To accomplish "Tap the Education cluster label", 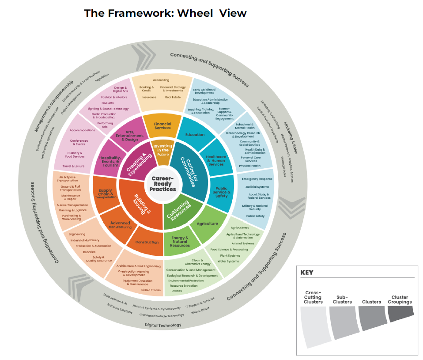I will [x=195, y=134].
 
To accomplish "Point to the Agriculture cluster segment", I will [x=207, y=224].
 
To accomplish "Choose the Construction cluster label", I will [x=147, y=242].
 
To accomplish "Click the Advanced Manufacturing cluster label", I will [x=120, y=225].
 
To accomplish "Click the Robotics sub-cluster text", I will [x=89, y=252].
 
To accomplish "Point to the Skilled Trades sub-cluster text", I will [x=151, y=290].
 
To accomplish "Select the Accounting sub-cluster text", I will [x=161, y=80].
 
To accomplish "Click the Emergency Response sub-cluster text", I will [x=257, y=179].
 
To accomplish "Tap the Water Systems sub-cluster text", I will [x=228, y=261].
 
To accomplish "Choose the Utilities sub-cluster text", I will [x=177, y=291].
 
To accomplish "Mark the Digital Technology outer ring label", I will [x=163, y=325].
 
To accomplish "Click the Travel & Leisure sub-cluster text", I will [x=73, y=166].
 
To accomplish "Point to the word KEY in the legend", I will [x=307, y=272].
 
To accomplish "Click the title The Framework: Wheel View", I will [x=165, y=13].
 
